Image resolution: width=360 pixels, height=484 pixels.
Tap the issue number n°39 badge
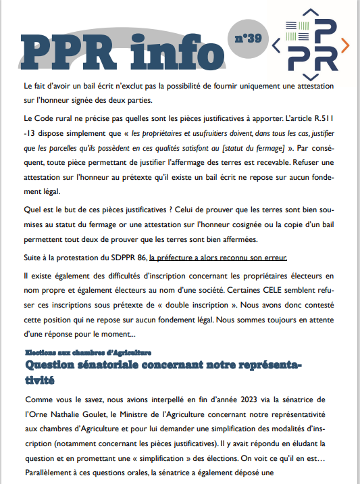[248, 38]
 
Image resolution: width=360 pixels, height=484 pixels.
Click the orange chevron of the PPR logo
[344, 45]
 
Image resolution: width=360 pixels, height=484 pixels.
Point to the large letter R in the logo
[326, 58]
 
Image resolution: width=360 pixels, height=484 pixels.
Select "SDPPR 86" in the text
[128, 257]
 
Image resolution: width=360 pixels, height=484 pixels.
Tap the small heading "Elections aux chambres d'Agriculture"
[88, 353]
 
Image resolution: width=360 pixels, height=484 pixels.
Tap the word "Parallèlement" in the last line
[53, 473]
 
